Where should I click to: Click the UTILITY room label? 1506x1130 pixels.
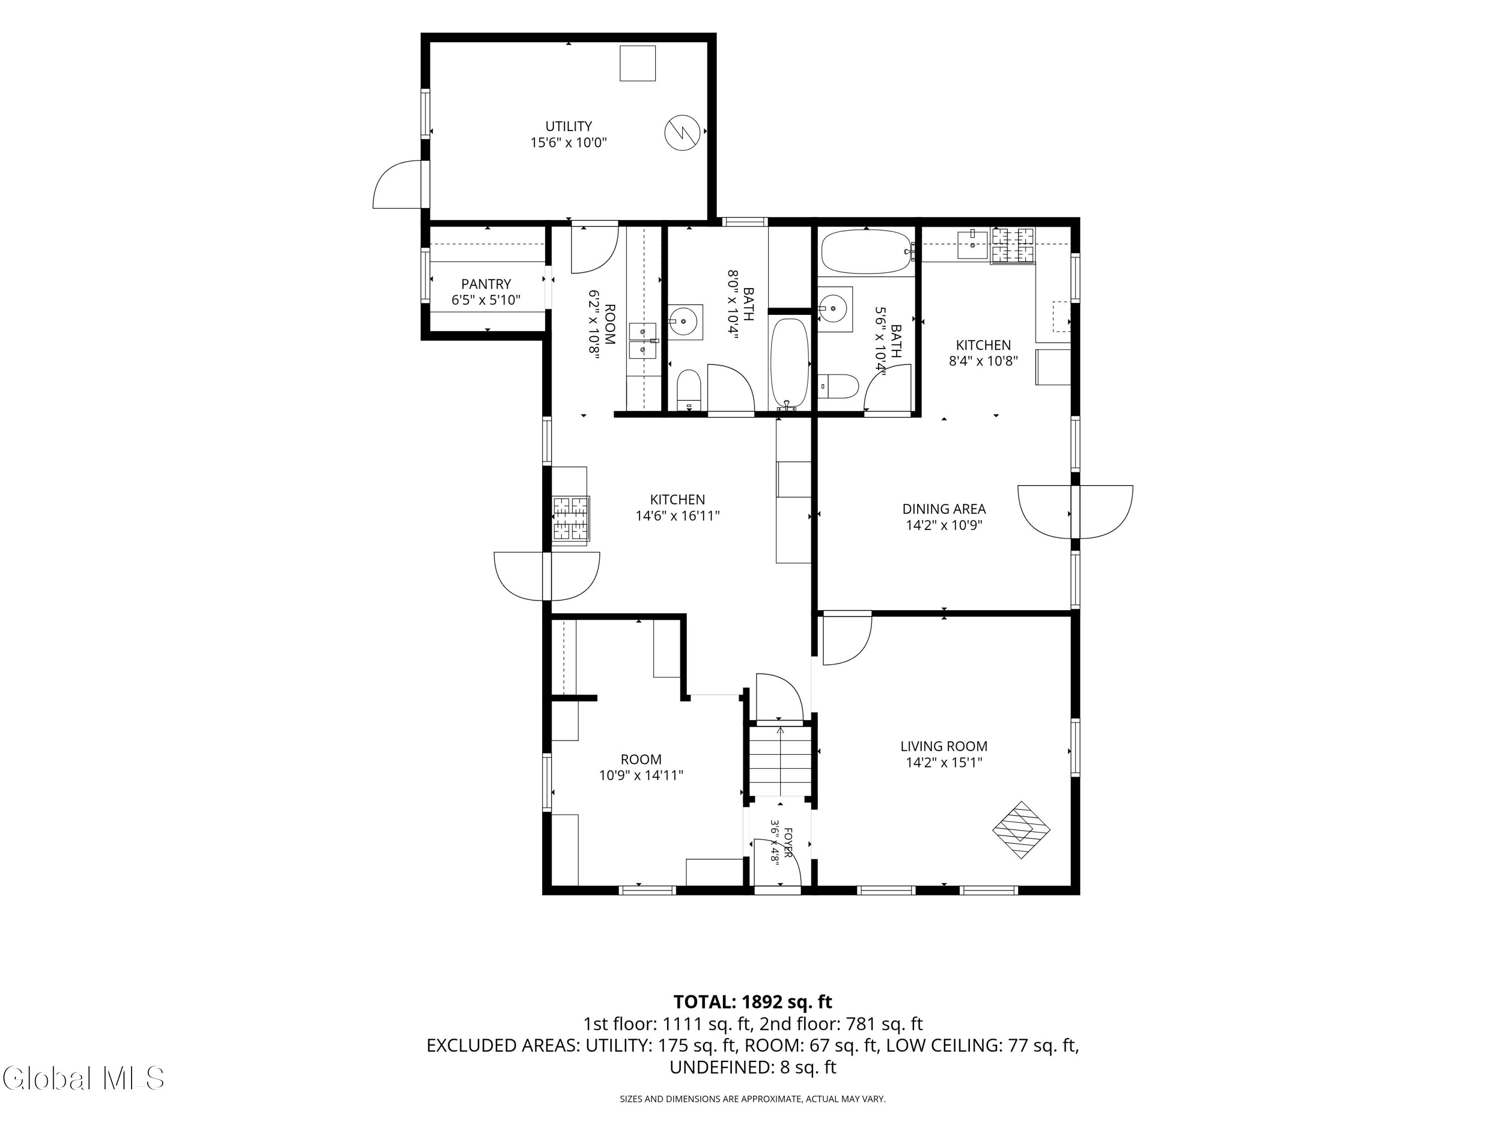(568, 126)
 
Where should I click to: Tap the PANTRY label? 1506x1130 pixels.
(486, 284)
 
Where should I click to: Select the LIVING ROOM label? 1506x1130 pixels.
(944, 746)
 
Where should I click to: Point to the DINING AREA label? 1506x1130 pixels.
(944, 509)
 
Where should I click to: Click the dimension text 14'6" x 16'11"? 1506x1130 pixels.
(677, 516)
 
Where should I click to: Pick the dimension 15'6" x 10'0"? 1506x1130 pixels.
(568, 142)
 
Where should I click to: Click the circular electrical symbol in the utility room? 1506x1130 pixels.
(682, 132)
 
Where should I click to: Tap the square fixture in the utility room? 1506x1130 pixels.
(637, 63)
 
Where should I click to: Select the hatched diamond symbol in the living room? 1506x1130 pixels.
(1021, 830)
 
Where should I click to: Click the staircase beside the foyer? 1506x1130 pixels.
(780, 761)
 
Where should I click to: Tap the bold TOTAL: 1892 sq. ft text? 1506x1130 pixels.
(752, 1002)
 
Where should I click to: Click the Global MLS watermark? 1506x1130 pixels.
(83, 1078)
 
